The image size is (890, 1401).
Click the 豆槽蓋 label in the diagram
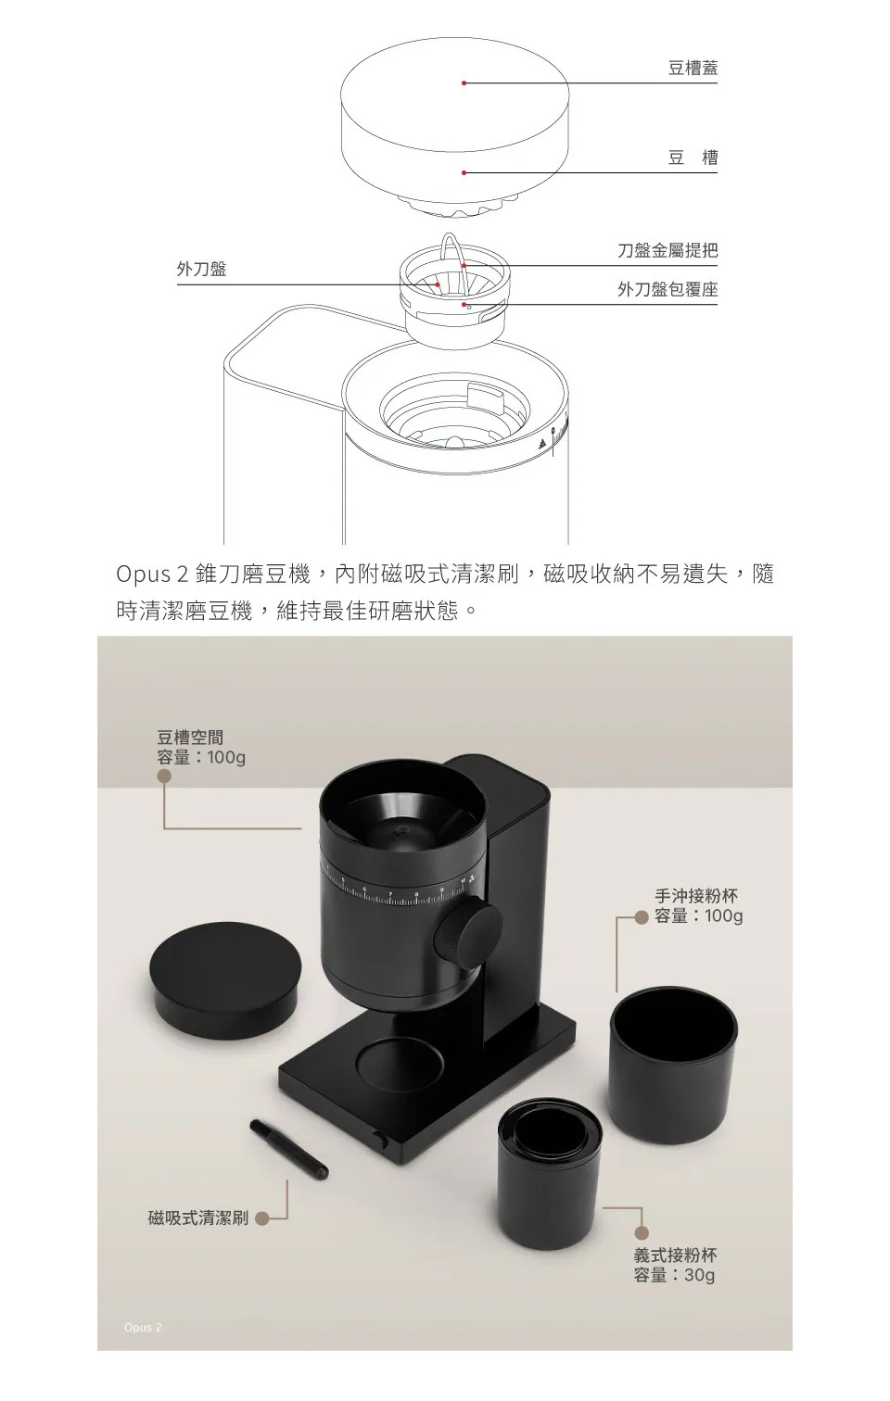693,68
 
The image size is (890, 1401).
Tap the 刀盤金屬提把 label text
667,250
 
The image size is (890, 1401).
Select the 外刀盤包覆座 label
667,289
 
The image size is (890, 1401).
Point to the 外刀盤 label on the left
201,269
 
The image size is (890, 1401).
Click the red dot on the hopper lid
464,83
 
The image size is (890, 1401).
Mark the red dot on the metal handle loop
464,266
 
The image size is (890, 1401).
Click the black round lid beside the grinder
225,979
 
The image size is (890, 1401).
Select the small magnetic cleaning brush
289,1150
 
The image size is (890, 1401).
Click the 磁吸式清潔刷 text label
197,1218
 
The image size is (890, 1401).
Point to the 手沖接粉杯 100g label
698,905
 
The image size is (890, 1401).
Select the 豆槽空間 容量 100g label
201,748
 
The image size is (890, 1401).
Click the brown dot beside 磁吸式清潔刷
263,1218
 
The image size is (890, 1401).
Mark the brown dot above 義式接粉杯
642,1232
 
